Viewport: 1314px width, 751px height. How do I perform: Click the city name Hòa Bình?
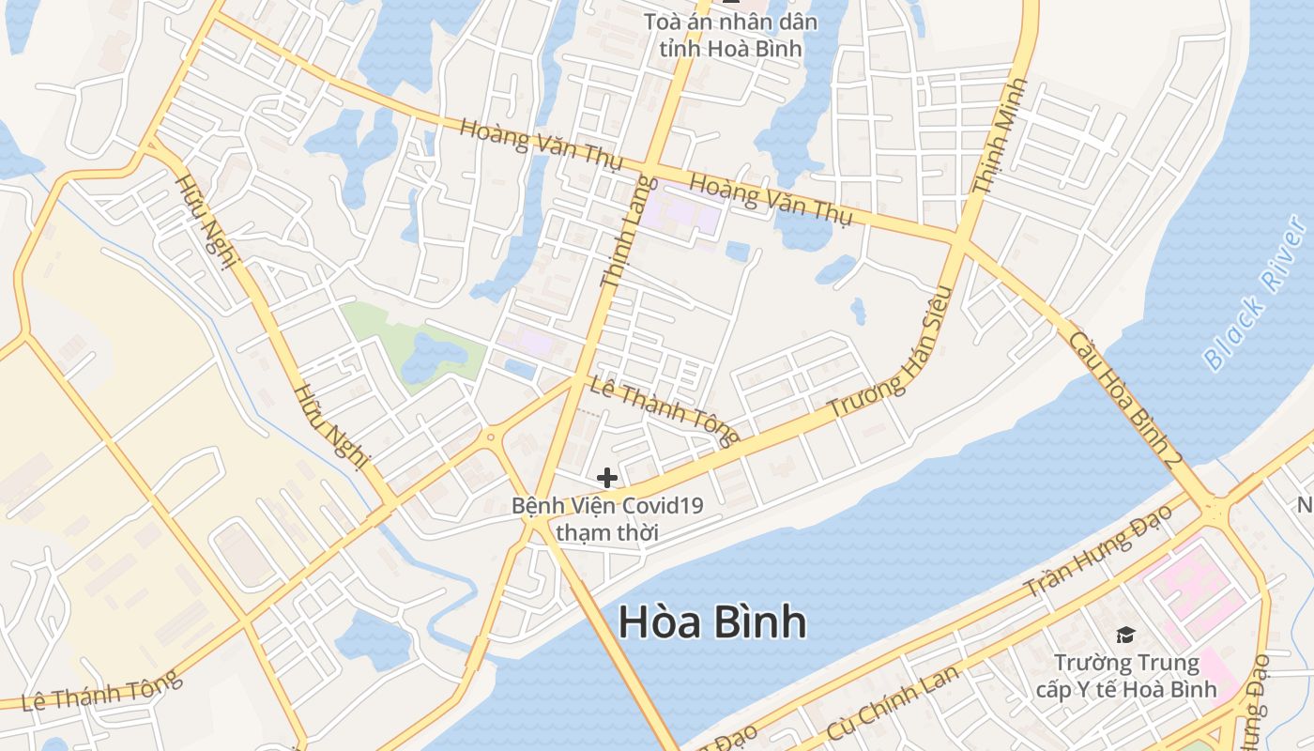[712, 621]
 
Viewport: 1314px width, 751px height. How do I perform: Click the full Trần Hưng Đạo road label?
[1097, 552]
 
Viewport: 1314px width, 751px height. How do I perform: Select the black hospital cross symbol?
[607, 478]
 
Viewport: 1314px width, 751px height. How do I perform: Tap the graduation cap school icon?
[1124, 636]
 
